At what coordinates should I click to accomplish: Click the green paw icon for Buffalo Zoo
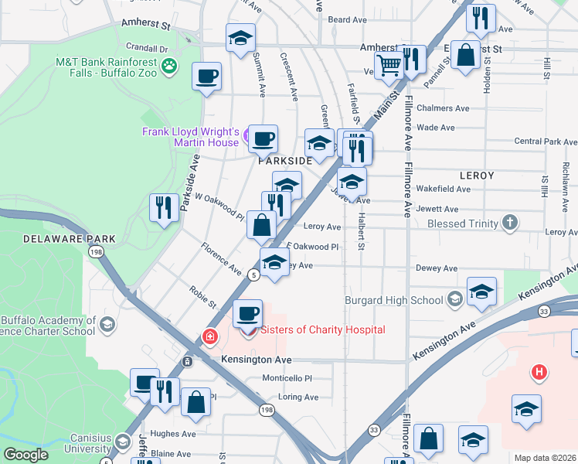(169, 67)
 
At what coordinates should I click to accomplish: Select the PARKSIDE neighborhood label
(284, 161)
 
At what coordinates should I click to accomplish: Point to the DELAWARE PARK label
(69, 239)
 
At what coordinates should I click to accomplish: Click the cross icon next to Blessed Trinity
(509, 223)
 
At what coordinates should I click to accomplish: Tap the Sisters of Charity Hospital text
(322, 330)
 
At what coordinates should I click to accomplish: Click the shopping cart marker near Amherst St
(389, 66)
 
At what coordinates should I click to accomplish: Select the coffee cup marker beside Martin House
(263, 139)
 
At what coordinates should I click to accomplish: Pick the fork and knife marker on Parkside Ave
(163, 208)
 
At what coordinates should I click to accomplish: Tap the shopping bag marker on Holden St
(466, 56)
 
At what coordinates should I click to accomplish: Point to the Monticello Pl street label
(286, 379)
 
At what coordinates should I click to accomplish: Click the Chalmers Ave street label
(443, 108)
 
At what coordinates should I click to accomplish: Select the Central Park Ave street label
(545, 142)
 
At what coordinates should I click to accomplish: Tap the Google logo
(25, 455)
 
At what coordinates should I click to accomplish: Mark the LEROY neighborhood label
(476, 176)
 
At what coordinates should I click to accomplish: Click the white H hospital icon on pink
(539, 373)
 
